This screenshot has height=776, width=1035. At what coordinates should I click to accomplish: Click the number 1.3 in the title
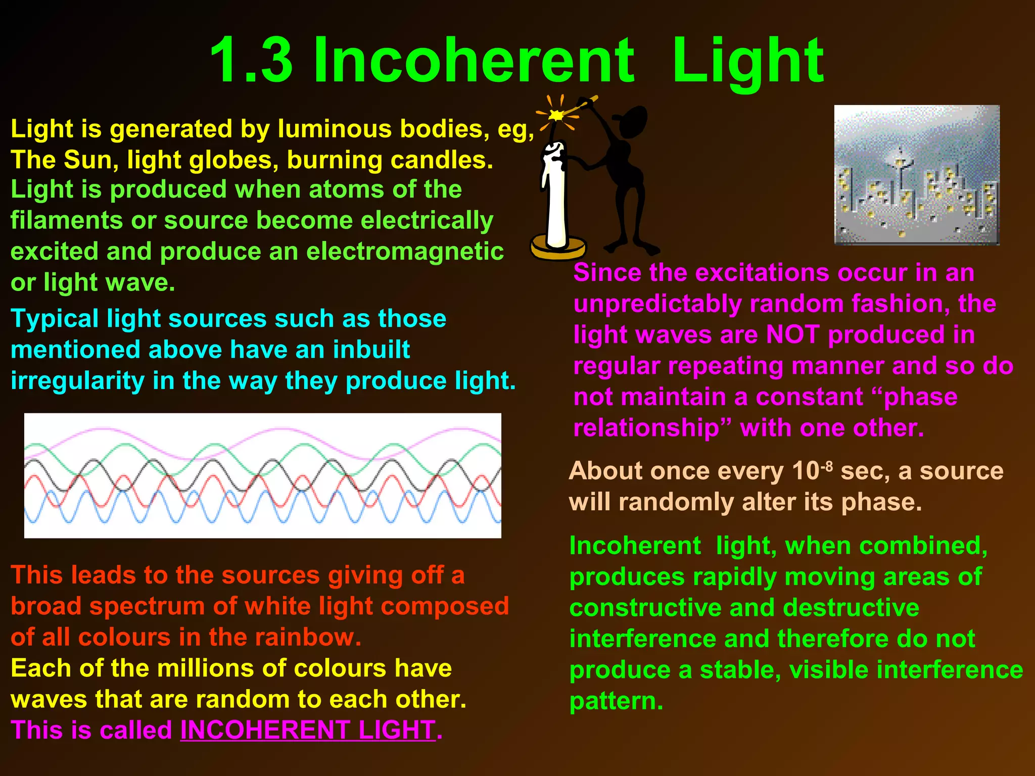[x=251, y=61]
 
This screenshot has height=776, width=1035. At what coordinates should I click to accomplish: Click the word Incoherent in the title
[x=473, y=61]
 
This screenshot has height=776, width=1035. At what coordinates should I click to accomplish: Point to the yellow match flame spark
[x=556, y=115]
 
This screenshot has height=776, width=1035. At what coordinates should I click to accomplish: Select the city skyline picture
[x=916, y=175]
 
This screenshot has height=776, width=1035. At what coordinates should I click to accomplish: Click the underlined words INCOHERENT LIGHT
[x=308, y=730]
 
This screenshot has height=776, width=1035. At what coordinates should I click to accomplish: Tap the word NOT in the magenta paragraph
[x=792, y=335]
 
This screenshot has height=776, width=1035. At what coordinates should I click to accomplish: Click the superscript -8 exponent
[x=827, y=466]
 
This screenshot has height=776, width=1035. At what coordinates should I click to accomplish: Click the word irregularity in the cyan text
[x=77, y=381]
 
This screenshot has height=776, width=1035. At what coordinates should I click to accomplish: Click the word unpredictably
[x=657, y=304]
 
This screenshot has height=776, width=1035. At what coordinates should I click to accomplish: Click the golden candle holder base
[x=557, y=249]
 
